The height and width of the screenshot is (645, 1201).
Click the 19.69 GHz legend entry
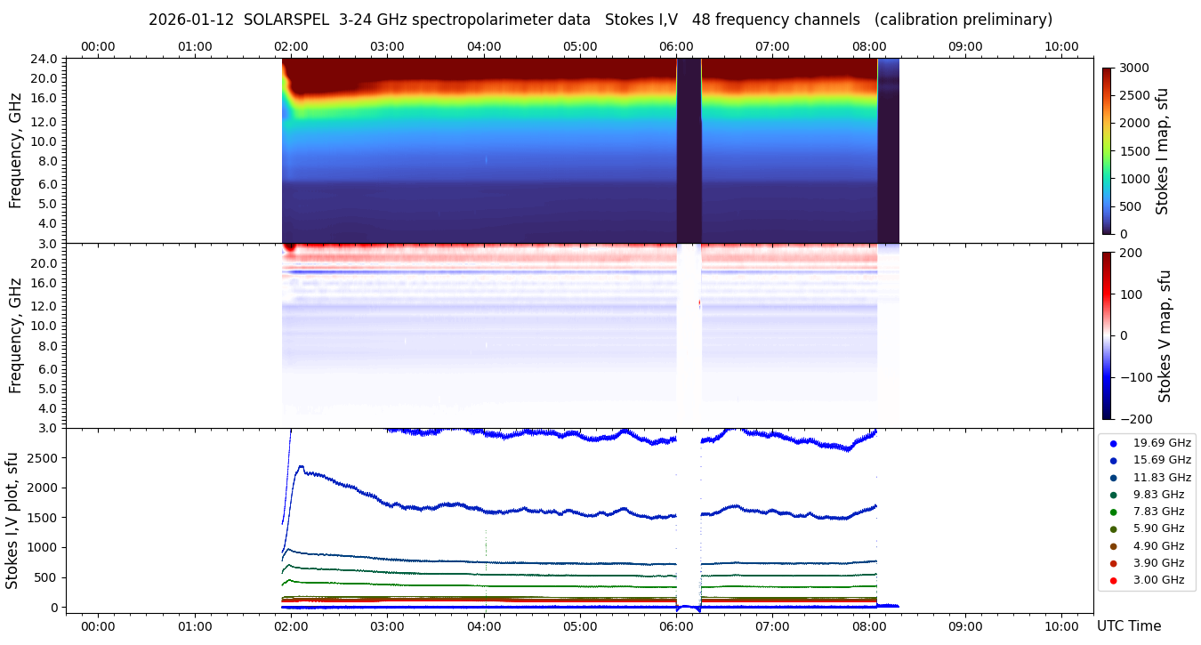(x=1161, y=442)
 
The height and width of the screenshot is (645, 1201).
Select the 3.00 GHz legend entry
(x=1158, y=580)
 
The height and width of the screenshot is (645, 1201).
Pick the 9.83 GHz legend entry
(x=1158, y=494)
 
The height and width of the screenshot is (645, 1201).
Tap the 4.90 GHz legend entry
(x=1158, y=545)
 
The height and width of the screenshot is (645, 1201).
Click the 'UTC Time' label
(x=1128, y=625)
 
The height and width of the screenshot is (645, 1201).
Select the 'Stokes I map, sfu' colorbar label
(x=1162, y=151)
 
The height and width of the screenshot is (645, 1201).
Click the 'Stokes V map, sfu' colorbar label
(x=1165, y=335)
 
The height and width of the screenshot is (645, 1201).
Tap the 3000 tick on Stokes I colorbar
(x=1136, y=68)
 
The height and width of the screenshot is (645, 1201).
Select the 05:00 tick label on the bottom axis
(x=580, y=625)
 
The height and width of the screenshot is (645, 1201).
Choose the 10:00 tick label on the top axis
(x=1061, y=46)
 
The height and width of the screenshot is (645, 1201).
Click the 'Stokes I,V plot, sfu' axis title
(x=12, y=520)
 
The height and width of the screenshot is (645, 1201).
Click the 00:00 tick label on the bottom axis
(x=98, y=625)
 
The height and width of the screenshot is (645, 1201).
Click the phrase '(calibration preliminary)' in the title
(x=963, y=20)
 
